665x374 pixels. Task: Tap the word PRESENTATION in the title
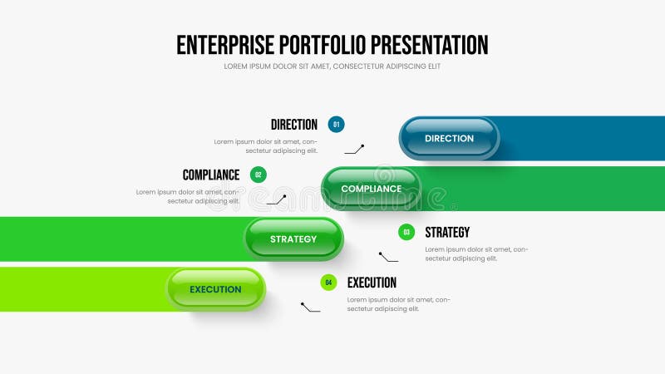pyautogui.click(x=430, y=45)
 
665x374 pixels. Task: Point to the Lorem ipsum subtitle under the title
pyautogui.click(x=332, y=66)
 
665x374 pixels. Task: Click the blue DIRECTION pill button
pyautogui.click(x=449, y=138)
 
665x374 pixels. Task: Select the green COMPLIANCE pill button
pyautogui.click(x=371, y=189)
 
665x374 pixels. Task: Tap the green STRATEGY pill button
pyautogui.click(x=293, y=239)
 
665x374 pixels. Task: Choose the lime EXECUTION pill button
pyautogui.click(x=215, y=289)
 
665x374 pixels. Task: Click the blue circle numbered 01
pyautogui.click(x=336, y=125)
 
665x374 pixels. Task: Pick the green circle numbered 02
pyautogui.click(x=259, y=175)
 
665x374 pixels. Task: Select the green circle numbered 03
pyautogui.click(x=406, y=233)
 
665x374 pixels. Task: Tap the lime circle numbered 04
pyautogui.click(x=328, y=283)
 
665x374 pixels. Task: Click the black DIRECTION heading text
pyautogui.click(x=294, y=125)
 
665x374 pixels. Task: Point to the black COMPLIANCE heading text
pyautogui.click(x=211, y=175)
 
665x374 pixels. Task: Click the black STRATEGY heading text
pyautogui.click(x=447, y=233)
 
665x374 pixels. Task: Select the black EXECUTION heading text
pyautogui.click(x=372, y=283)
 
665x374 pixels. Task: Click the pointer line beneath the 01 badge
pyautogui.click(x=355, y=150)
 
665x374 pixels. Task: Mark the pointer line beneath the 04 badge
pyautogui.click(x=310, y=308)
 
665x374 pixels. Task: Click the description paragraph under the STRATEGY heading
pyautogui.click(x=476, y=253)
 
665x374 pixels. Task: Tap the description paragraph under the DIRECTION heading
pyautogui.click(x=266, y=146)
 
